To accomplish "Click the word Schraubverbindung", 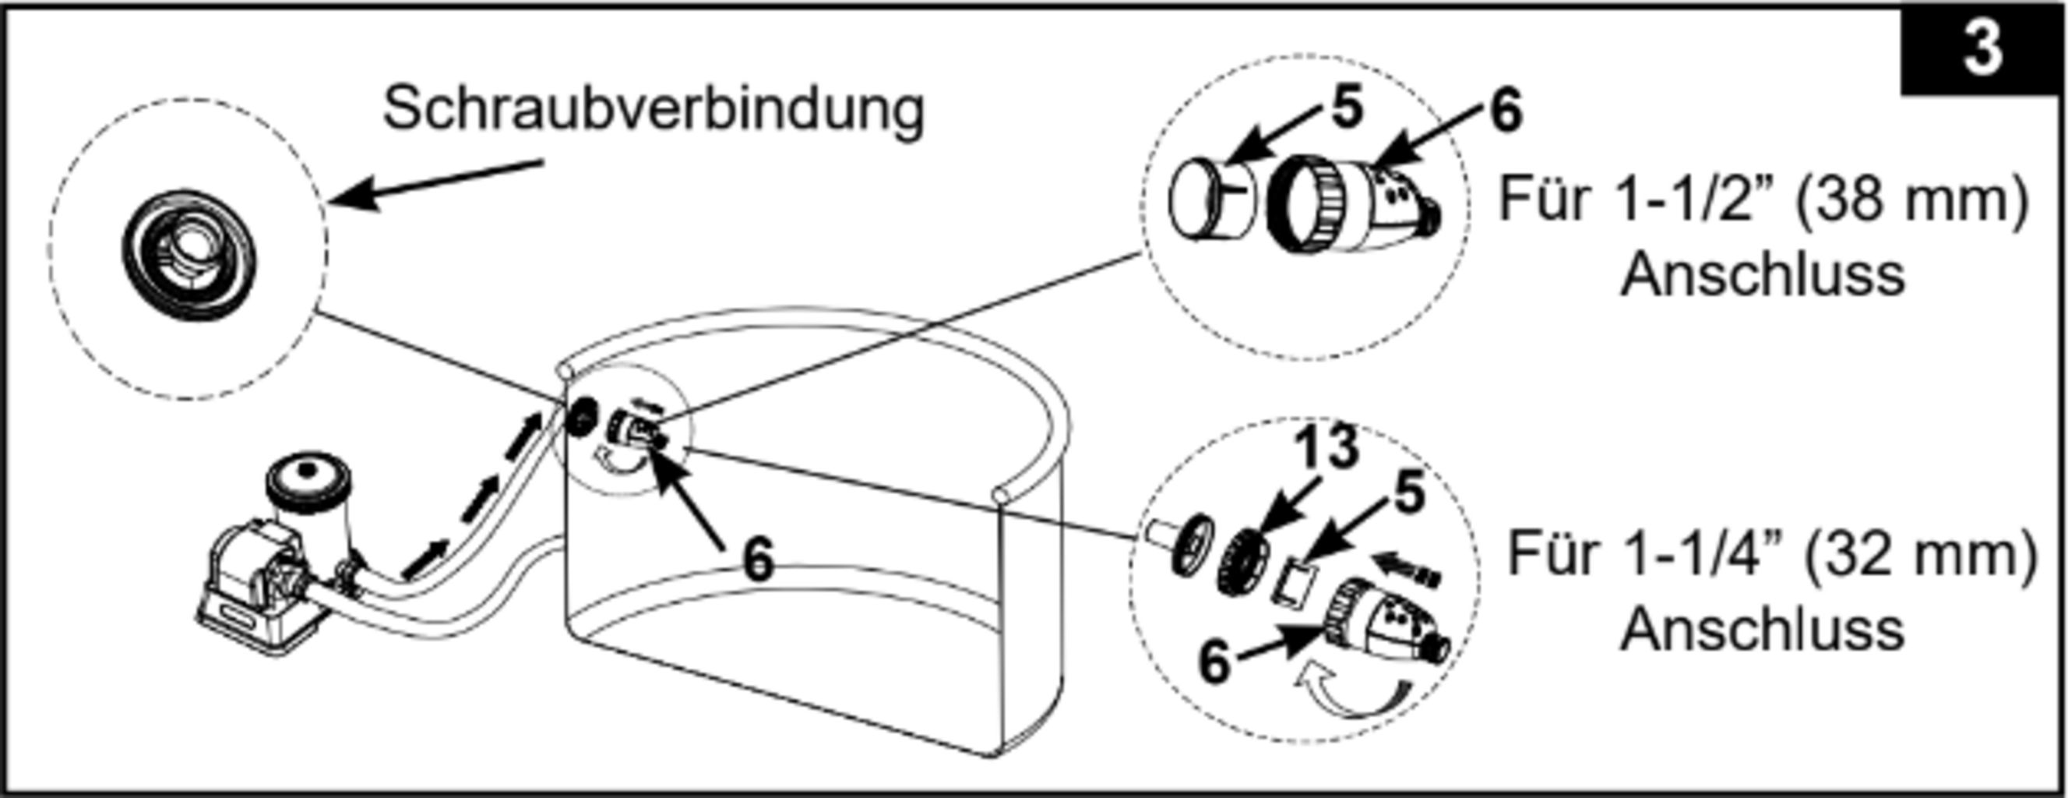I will click(654, 110).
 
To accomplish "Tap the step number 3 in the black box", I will click(1982, 49).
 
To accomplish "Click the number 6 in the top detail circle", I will click(1506, 110).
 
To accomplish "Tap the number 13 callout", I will click(1328, 447).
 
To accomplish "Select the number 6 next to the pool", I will click(758, 559).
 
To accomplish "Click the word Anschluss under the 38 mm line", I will click(1763, 275).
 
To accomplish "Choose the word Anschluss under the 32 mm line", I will click(1763, 630).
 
